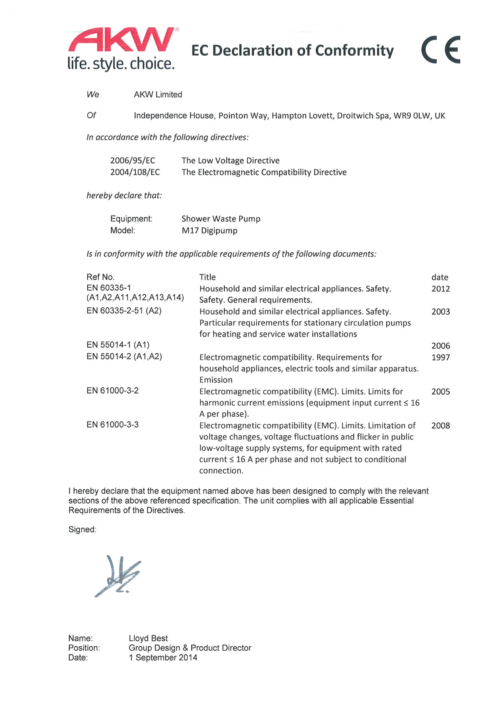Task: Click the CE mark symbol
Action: [441, 50]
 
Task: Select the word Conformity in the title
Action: [354, 51]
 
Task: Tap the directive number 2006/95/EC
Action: [132, 161]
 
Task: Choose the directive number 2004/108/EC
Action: [135, 172]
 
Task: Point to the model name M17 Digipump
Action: [209, 230]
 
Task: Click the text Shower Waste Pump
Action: [221, 219]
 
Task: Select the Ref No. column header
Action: [100, 277]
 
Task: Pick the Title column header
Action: [207, 277]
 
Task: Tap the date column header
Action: [440, 277]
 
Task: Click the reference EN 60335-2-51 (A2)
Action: [124, 311]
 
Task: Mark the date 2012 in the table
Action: [440, 289]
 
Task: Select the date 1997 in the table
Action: [440, 358]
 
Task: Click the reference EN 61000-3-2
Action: [113, 391]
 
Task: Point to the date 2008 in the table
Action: [440, 426]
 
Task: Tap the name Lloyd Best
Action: [148, 638]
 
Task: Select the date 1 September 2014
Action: [163, 658]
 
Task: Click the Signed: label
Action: [82, 530]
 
